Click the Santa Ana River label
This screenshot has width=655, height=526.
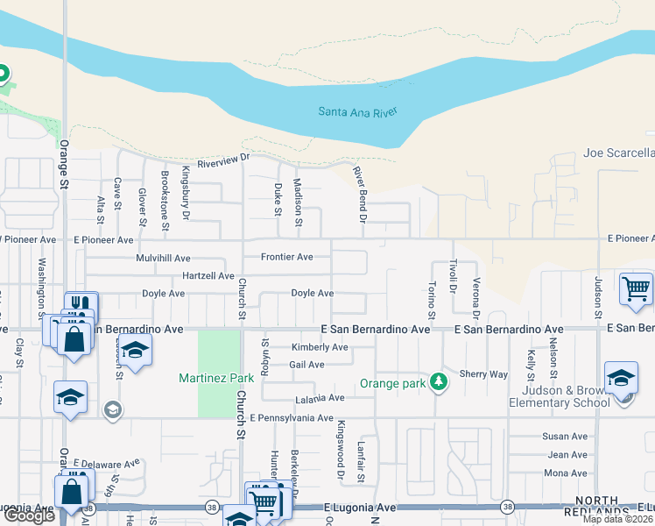coord(357,111)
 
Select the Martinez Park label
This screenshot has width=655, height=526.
coord(216,378)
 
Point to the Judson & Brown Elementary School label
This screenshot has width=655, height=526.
coord(560,396)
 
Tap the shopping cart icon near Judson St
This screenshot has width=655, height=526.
coord(636,288)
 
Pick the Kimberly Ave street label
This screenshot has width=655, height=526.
coord(319,347)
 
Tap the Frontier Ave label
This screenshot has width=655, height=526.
coord(287,257)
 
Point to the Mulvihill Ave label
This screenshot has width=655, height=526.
coord(163,259)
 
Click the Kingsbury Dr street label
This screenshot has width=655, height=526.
coord(186,192)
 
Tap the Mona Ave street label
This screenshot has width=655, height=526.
coord(566,473)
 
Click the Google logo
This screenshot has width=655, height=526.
coord(29,515)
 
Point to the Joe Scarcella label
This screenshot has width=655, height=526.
coord(618,153)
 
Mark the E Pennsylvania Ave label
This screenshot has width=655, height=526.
coord(291,418)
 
